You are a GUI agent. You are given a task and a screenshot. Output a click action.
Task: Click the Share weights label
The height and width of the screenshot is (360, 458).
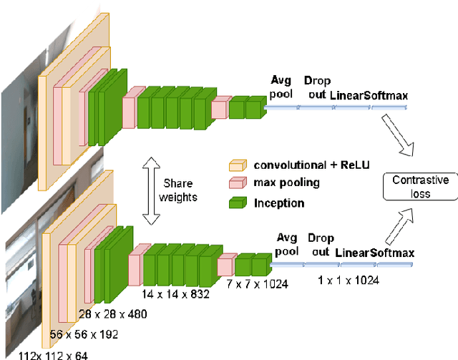pos(179,190)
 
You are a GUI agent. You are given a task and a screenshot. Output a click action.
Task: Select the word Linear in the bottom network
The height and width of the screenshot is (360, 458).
pos(351,253)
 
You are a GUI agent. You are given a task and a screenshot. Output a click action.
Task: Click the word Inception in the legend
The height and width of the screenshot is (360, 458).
pos(278,203)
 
